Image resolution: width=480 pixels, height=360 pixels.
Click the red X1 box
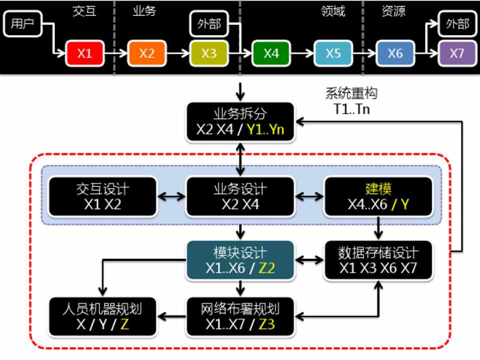click(84, 53)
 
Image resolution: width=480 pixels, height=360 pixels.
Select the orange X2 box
click(146, 53)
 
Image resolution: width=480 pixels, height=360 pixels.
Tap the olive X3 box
click(208, 53)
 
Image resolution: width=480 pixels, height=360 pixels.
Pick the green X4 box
click(271, 53)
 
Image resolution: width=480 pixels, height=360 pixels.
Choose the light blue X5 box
click(333, 53)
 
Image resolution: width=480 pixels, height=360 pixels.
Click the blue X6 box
click(395, 53)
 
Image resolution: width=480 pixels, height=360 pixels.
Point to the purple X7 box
click(457, 53)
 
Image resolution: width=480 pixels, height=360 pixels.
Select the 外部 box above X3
click(209, 24)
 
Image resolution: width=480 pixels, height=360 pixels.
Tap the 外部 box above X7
click(457, 24)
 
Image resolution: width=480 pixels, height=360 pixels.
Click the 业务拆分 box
click(241, 122)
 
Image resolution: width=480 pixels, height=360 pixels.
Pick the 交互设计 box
click(102, 196)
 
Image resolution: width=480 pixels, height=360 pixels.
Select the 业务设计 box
click(240, 196)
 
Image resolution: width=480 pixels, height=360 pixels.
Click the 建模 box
click(378, 196)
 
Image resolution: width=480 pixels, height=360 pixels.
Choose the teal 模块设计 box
click(240, 260)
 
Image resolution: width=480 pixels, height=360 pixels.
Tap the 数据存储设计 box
click(378, 260)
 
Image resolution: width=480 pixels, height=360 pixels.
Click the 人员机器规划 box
click(102, 316)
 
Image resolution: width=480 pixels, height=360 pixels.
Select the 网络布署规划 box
click(240, 316)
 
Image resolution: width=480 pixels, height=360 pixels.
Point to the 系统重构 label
click(351, 93)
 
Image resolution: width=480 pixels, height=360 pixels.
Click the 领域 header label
click(333, 11)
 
